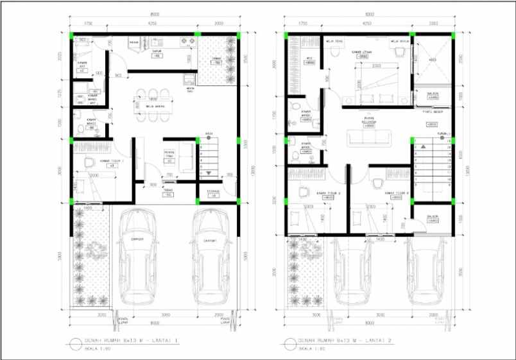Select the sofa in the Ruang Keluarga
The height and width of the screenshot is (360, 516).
click(x=369, y=138)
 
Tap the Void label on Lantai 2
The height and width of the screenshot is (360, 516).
click(x=432, y=60)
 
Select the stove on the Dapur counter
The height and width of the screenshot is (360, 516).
click(x=188, y=42)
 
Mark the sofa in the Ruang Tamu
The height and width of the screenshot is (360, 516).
click(x=185, y=158)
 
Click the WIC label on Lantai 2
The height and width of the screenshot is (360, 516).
click(x=309, y=61)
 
